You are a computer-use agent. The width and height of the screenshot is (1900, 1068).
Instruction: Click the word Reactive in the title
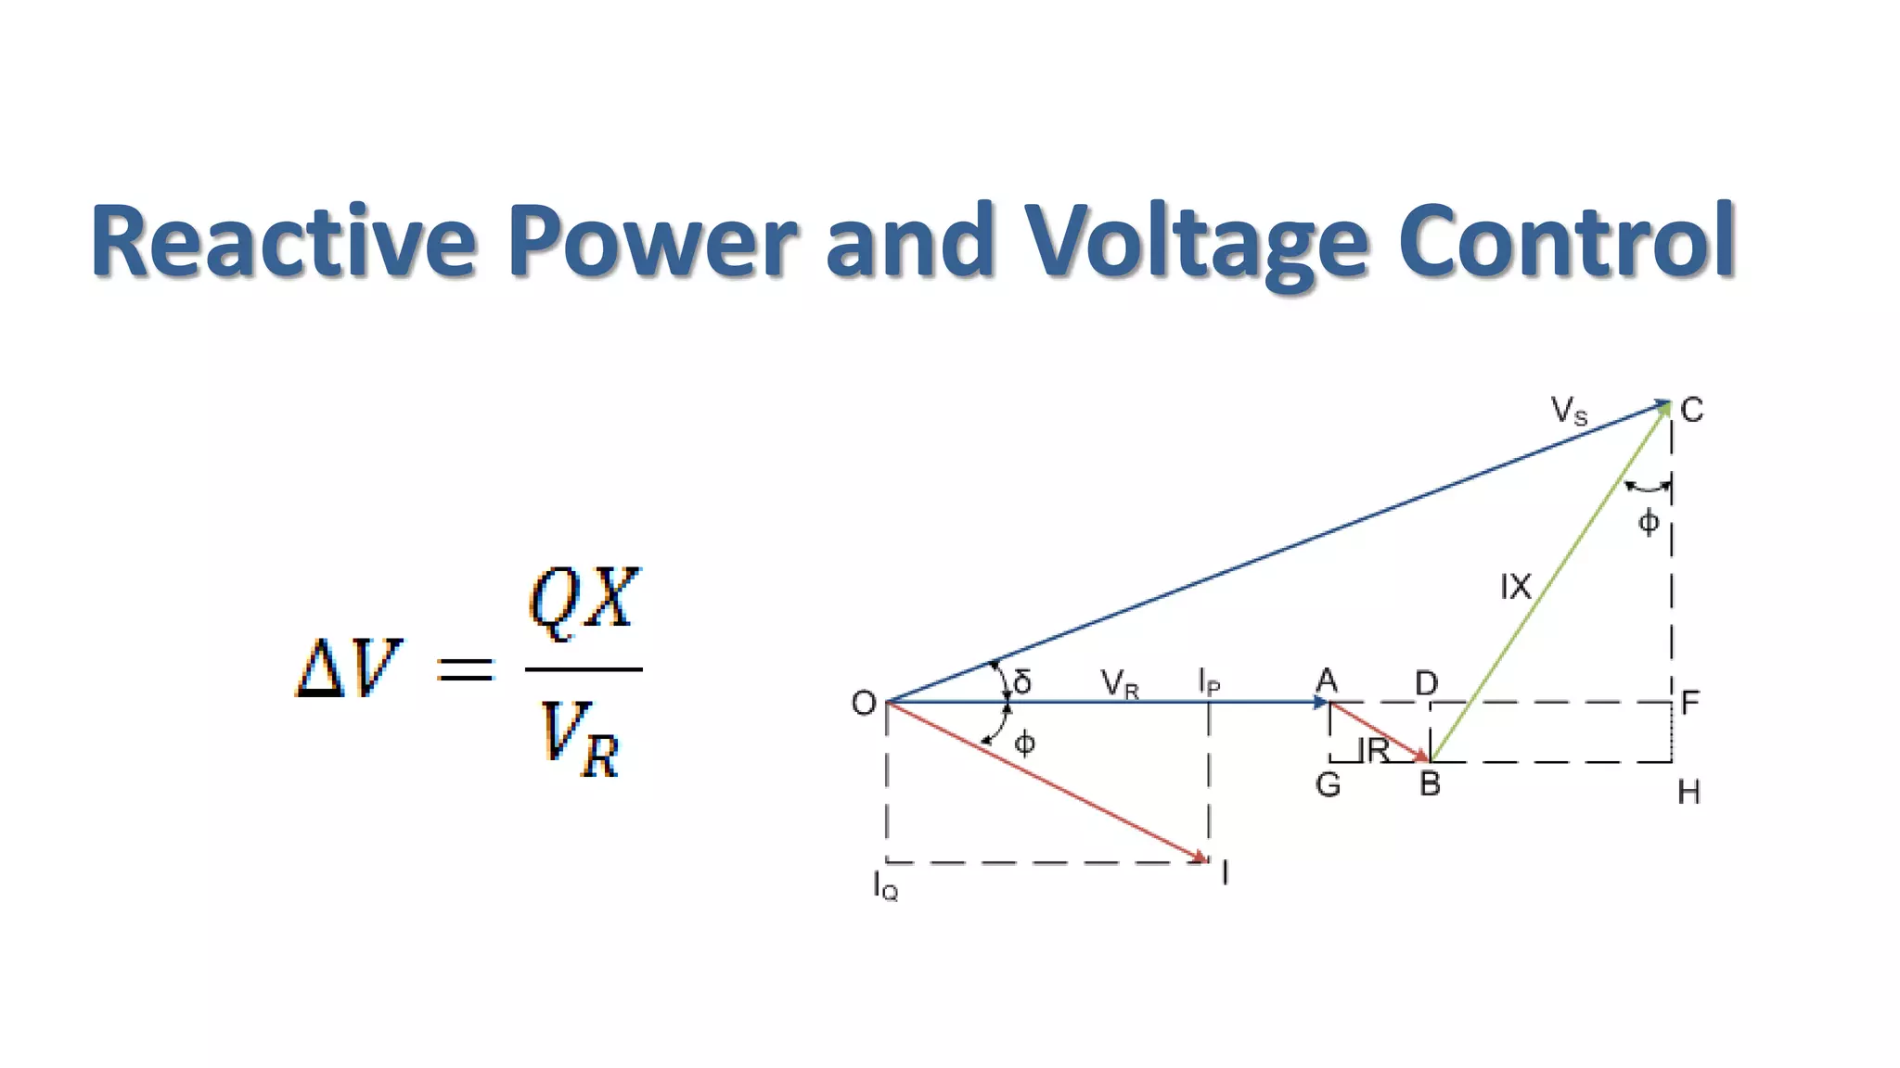tap(282, 241)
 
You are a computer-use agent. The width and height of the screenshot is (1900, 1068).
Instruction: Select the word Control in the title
tap(1566, 241)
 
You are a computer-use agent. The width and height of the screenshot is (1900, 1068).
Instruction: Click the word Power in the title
tap(651, 241)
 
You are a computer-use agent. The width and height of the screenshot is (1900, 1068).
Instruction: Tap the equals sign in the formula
tap(466, 668)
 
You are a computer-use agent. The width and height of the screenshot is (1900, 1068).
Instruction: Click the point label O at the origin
tap(863, 704)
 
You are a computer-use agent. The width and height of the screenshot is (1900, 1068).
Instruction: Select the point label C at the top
tap(1691, 410)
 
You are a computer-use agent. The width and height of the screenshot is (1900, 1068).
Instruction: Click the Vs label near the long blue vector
tap(1569, 410)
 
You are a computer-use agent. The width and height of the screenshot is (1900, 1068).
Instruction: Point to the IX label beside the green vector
tap(1515, 587)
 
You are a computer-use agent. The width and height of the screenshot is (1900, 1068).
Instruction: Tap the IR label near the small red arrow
tap(1374, 749)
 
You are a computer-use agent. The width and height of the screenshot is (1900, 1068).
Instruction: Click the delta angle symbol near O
tap(1022, 682)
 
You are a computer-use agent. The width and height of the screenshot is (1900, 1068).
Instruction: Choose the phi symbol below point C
tap(1648, 522)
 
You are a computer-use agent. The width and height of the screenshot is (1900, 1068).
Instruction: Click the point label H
tap(1688, 793)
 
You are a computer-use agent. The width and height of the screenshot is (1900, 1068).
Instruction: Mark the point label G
tap(1328, 785)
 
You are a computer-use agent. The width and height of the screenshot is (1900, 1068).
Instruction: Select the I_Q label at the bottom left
tap(885, 886)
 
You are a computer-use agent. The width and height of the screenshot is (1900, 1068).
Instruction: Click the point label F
tap(1689, 703)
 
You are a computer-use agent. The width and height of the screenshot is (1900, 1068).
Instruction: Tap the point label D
tap(1426, 684)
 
